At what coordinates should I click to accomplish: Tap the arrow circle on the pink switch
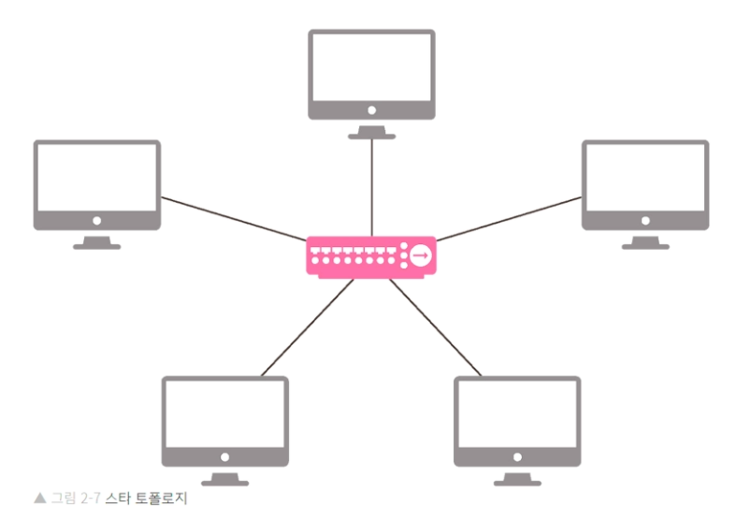click(x=420, y=255)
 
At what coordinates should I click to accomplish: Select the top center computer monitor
click(x=371, y=71)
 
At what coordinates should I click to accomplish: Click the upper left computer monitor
click(x=96, y=181)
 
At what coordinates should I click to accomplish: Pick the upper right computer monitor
click(x=645, y=181)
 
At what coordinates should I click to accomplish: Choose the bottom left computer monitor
click(x=225, y=417)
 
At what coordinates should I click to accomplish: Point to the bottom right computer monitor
click(x=517, y=417)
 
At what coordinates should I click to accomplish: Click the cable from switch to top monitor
click(x=371, y=187)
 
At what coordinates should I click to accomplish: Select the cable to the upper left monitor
click(x=234, y=218)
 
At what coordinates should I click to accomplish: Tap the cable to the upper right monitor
click(x=510, y=218)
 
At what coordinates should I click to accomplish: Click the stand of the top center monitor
click(x=371, y=132)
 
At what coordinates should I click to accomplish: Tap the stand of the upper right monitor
click(x=645, y=242)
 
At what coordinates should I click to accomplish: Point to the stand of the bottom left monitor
click(x=225, y=478)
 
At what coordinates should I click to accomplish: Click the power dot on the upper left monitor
click(x=96, y=222)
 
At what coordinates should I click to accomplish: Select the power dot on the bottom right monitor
click(x=517, y=457)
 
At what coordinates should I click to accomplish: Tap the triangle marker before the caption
click(x=39, y=499)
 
